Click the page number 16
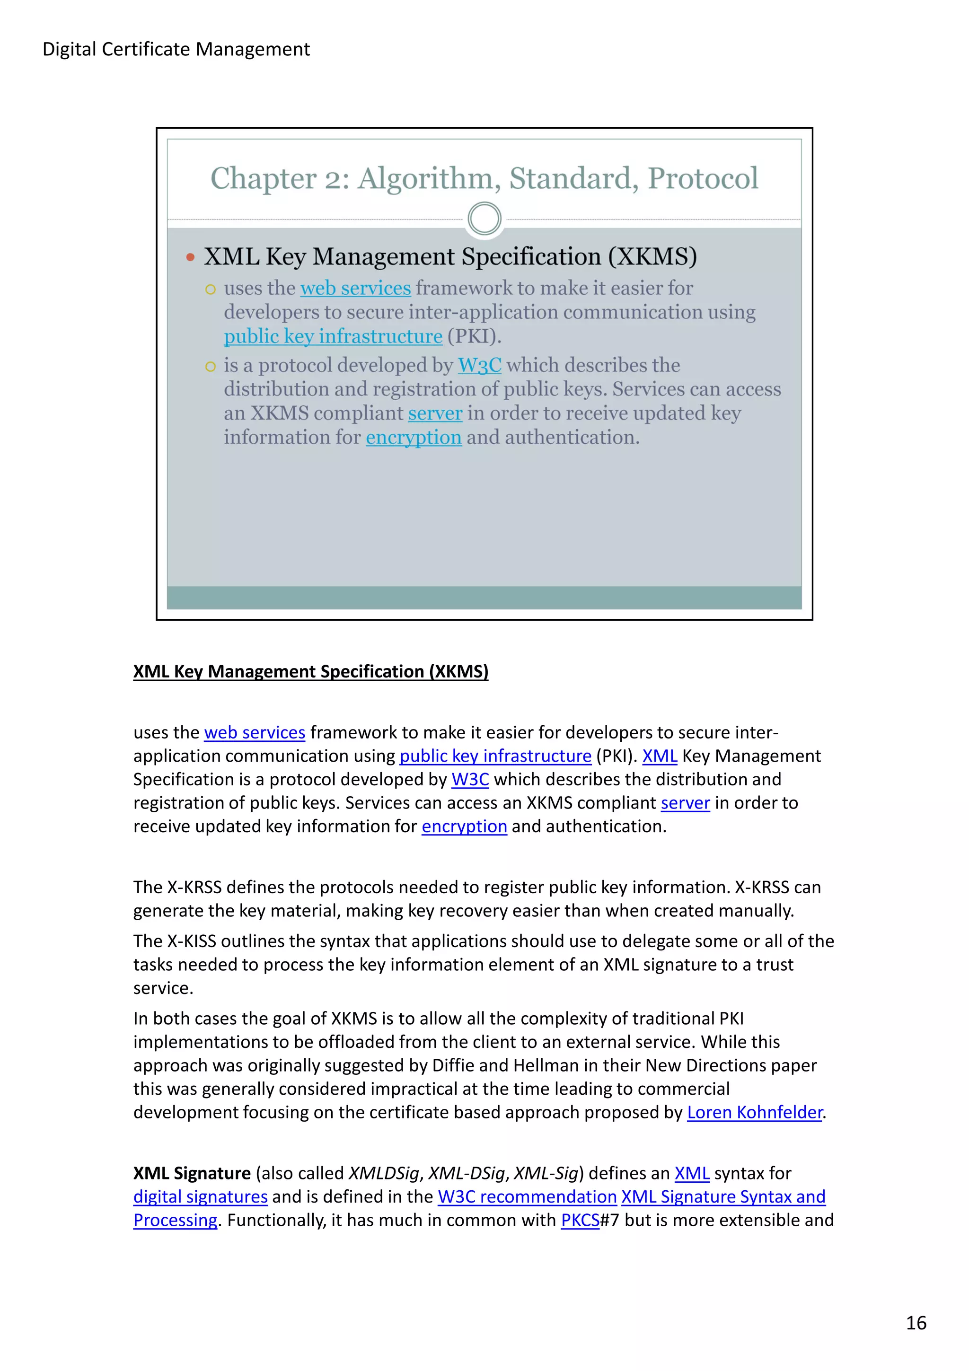point(916,1323)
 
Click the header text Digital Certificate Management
point(176,49)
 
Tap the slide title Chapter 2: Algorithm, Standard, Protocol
point(484,178)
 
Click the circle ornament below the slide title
point(484,219)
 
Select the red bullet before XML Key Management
point(191,257)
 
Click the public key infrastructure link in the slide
point(333,336)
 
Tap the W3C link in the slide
point(479,365)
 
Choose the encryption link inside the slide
point(414,437)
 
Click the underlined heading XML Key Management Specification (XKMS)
point(310,671)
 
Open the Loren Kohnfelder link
point(755,1112)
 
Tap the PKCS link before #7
point(580,1220)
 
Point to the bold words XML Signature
point(192,1173)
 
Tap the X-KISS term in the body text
point(192,940)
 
